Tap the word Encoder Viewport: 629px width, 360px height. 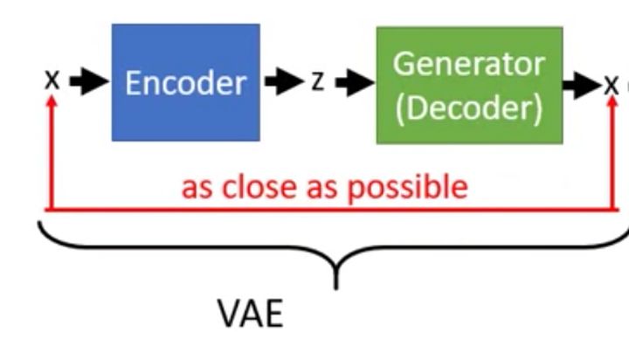185,83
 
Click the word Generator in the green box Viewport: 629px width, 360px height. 468,64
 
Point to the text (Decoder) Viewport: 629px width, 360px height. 468,107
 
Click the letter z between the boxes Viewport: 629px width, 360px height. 318,82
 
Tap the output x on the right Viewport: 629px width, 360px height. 611,84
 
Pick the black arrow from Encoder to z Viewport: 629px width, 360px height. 282,82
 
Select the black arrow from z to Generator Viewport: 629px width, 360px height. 353,82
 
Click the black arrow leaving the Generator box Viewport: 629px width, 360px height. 582,84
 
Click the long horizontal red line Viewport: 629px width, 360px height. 332,210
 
